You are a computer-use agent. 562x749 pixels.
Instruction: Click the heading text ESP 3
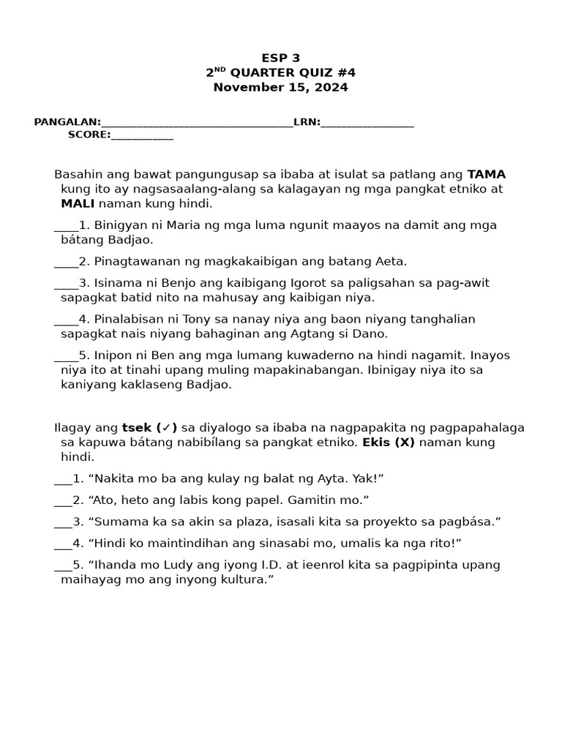[x=281, y=58]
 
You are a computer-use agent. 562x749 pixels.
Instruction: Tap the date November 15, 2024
[x=281, y=87]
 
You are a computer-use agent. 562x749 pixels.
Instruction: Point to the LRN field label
[x=306, y=122]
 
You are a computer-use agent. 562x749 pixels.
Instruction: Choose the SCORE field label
[x=89, y=135]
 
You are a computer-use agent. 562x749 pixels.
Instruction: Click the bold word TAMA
[x=486, y=174]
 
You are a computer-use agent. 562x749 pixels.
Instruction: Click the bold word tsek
[x=137, y=427]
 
